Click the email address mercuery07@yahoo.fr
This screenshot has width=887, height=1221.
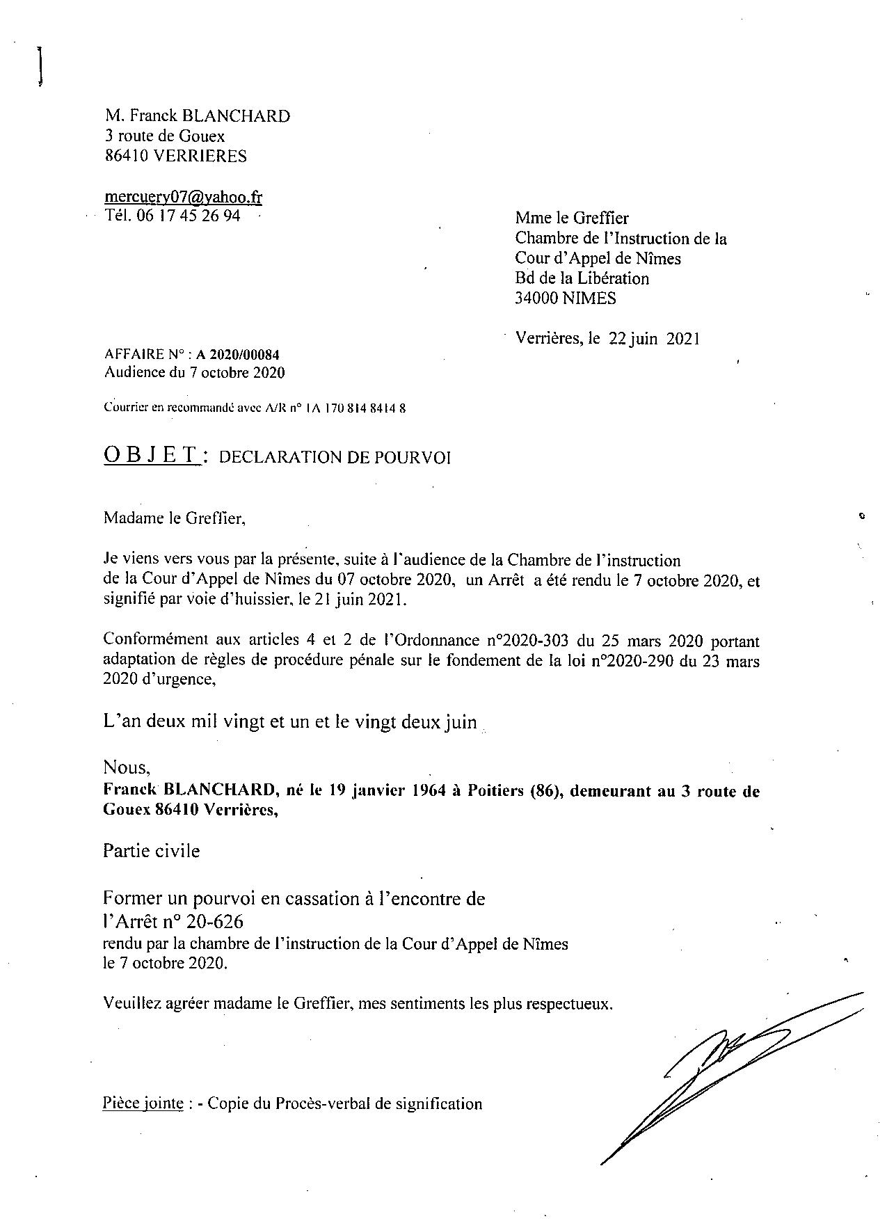(183, 197)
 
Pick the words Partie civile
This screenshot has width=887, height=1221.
(151, 851)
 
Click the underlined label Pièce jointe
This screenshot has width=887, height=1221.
(143, 1103)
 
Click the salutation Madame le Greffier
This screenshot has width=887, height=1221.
(174, 518)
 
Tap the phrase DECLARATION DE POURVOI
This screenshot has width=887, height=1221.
(335, 457)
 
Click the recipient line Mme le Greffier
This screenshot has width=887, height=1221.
(572, 218)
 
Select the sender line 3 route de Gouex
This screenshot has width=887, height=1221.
(165, 136)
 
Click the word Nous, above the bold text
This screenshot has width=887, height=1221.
(126, 767)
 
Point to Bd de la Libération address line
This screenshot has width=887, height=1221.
(582, 278)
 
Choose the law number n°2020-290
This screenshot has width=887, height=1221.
(632, 660)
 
